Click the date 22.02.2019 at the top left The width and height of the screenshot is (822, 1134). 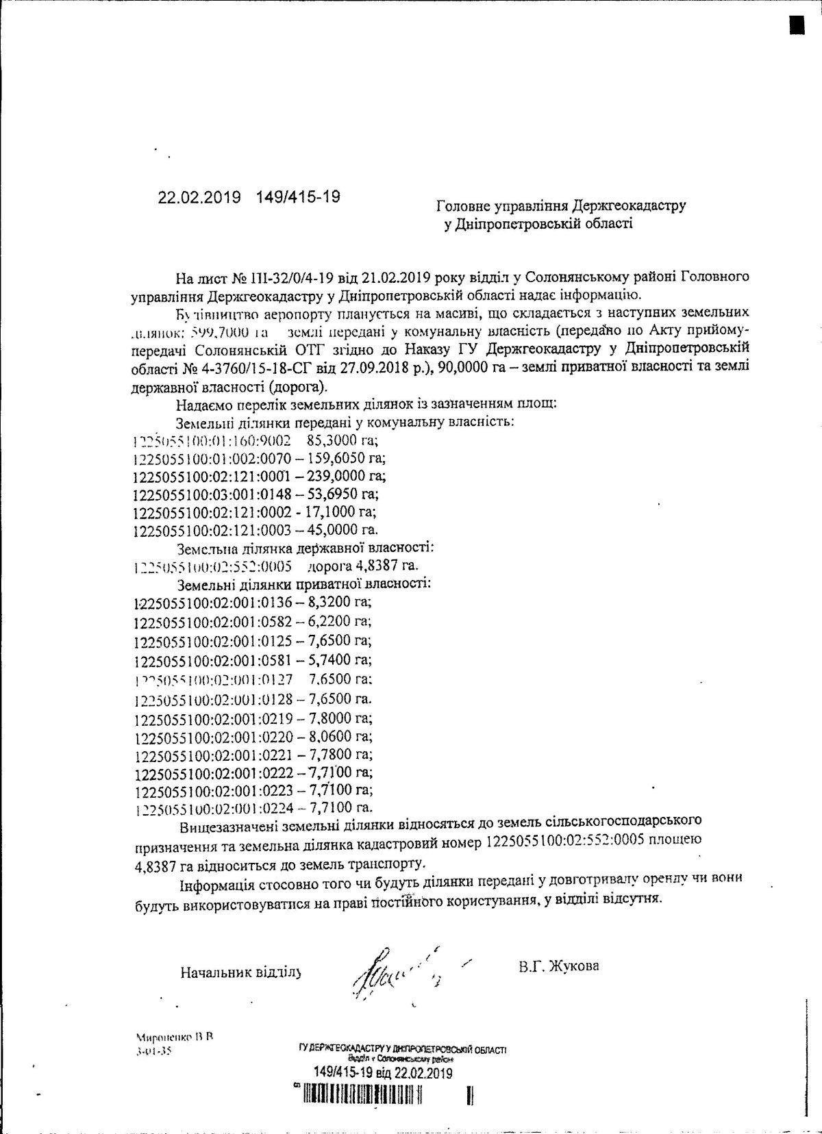click(x=199, y=197)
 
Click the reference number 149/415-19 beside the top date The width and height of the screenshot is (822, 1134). click(x=298, y=197)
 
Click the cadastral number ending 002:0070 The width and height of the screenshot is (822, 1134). click(x=212, y=457)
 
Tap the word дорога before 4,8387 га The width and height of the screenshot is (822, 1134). click(x=332, y=566)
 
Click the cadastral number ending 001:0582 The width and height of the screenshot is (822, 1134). click(x=214, y=621)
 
